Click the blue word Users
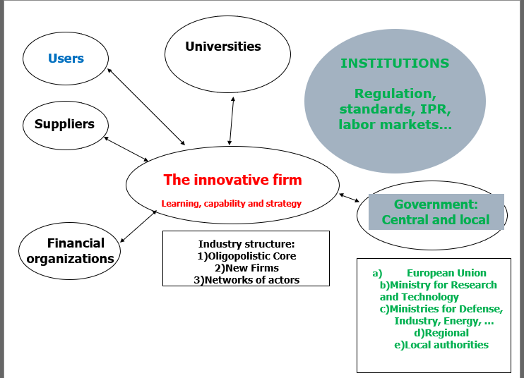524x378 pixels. tap(66, 59)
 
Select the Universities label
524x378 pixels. tap(223, 47)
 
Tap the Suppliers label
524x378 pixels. tap(64, 124)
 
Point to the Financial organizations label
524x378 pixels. tap(71, 251)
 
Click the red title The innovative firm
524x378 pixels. tap(232, 180)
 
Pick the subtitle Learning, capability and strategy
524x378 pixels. tap(232, 204)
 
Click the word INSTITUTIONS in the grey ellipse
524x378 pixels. tap(395, 63)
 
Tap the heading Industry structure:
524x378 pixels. tap(246, 243)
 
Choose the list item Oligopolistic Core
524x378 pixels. tap(250, 256)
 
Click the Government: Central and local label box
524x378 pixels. tap(436, 212)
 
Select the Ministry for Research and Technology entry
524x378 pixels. tap(439, 291)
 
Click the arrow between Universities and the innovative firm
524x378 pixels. tap(231, 120)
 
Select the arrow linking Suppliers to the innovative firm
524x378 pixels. tap(126, 148)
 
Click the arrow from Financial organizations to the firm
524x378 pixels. tap(138, 226)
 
